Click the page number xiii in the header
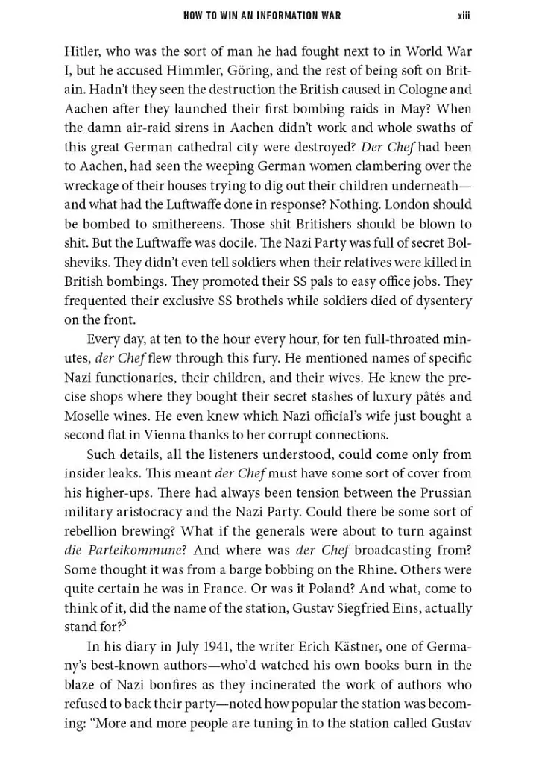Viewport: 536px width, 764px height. coord(464,16)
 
